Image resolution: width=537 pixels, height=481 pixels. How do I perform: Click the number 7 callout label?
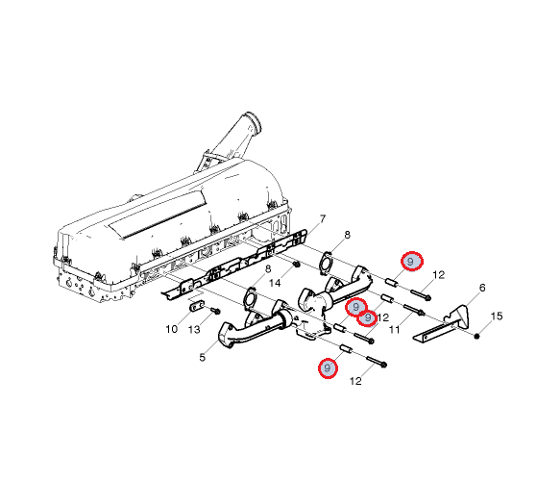322,218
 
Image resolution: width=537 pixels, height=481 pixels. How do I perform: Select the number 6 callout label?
482,288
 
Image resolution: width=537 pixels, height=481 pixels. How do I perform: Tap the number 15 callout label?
497,316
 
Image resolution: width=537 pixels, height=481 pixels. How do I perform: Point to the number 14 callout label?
275,283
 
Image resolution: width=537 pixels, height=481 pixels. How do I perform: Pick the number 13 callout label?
194,329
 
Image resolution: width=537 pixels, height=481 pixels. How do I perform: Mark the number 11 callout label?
394,330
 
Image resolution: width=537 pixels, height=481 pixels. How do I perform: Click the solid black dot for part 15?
476,336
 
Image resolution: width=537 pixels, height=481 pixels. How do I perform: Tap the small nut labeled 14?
297,265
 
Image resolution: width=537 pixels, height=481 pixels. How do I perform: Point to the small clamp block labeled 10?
196,306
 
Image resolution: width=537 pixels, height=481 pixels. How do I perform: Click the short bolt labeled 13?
215,311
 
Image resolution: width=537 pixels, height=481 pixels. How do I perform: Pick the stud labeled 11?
414,310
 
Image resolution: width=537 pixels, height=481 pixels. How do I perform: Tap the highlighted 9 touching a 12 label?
368,317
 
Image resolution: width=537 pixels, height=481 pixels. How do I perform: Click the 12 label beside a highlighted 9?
382,317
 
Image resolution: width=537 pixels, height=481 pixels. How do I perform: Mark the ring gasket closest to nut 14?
326,264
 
